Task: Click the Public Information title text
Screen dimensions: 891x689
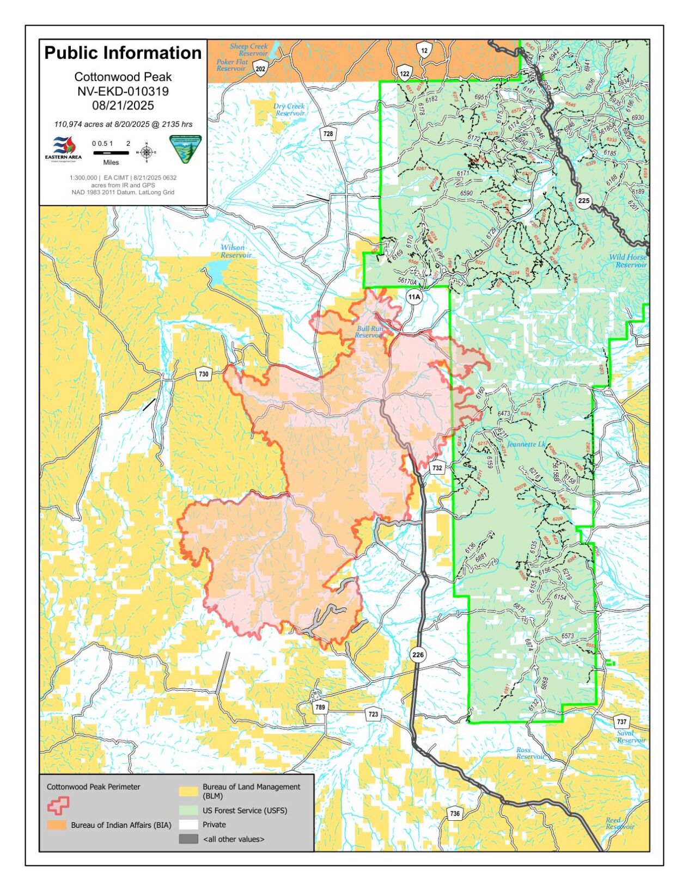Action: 123,53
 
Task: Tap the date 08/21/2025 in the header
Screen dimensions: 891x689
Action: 123,106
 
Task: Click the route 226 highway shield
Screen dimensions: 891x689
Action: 417,655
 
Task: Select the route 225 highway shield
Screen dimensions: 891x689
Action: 583,200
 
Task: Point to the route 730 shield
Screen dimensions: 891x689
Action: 203,374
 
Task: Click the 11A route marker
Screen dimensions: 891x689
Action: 414,297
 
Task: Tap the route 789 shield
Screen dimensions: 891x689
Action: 320,708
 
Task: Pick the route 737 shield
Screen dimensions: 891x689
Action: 621,722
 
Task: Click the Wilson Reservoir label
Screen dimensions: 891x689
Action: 235,251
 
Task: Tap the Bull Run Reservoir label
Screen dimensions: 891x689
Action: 370,331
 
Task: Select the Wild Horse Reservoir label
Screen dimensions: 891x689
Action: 628,261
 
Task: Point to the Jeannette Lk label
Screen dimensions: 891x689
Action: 526,444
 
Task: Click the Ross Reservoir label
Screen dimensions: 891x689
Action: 530,753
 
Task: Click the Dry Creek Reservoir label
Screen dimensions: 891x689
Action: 289,110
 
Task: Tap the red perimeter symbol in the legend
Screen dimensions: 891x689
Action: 58,806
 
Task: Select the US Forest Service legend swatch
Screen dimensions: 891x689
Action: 188,810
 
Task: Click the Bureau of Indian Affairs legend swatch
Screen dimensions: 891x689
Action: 57,825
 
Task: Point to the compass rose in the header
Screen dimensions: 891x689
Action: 146,152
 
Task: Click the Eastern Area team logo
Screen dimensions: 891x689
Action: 63,149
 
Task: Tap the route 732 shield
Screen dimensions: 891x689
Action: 437,468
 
